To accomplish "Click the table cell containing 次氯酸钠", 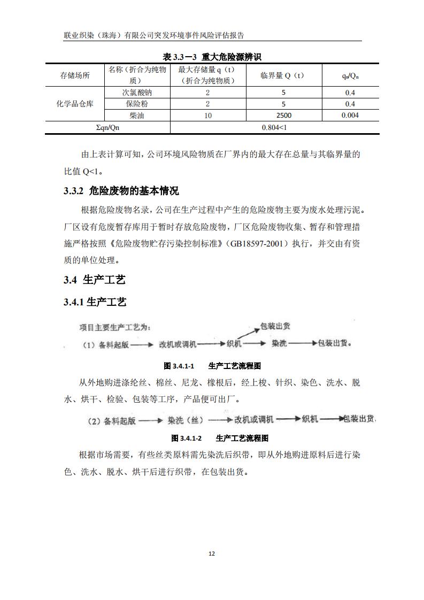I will click(x=137, y=93).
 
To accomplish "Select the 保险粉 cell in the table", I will click(x=137, y=104).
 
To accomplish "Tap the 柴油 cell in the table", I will click(x=137, y=115).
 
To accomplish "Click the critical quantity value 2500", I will click(x=283, y=115).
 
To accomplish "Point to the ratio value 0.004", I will click(x=350, y=115).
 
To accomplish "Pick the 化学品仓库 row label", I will click(x=75, y=104).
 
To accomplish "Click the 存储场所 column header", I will click(x=75, y=75).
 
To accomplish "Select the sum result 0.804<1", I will click(x=274, y=127).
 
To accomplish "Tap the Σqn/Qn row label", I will click(x=107, y=127).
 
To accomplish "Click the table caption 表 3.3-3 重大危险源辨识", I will click(x=212, y=57).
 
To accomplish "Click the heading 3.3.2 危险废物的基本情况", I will click(x=121, y=191).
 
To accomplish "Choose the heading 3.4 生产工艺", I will click(x=94, y=280).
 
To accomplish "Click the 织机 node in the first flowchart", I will click(x=234, y=344).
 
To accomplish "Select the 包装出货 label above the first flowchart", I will click(x=275, y=326).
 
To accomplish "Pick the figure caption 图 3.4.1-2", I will click(x=186, y=438).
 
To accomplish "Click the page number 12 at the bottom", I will click(x=212, y=553).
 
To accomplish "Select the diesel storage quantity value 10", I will click(x=207, y=115).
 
